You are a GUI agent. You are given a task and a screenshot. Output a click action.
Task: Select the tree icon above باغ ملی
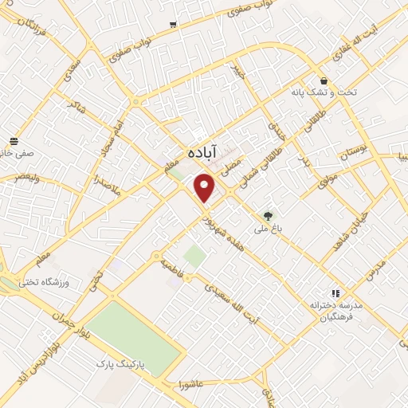pos(268,214)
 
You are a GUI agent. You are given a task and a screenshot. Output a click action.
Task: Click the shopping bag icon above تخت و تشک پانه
pos(324,80)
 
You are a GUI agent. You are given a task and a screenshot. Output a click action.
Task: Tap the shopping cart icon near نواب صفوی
pos(173,25)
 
